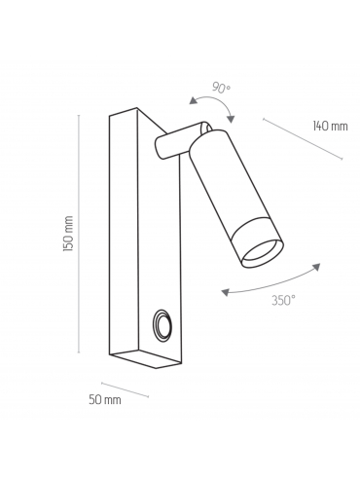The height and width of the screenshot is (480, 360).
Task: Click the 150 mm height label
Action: point(68,233)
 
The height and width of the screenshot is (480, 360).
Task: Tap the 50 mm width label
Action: point(105,400)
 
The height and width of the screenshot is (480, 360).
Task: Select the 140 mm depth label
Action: point(330,126)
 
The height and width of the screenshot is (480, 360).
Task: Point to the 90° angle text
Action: point(221,88)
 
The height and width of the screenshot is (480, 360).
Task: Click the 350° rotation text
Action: point(283,301)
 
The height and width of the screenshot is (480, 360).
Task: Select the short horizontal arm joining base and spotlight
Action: point(177,141)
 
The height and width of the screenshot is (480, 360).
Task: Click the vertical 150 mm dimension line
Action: point(79,234)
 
